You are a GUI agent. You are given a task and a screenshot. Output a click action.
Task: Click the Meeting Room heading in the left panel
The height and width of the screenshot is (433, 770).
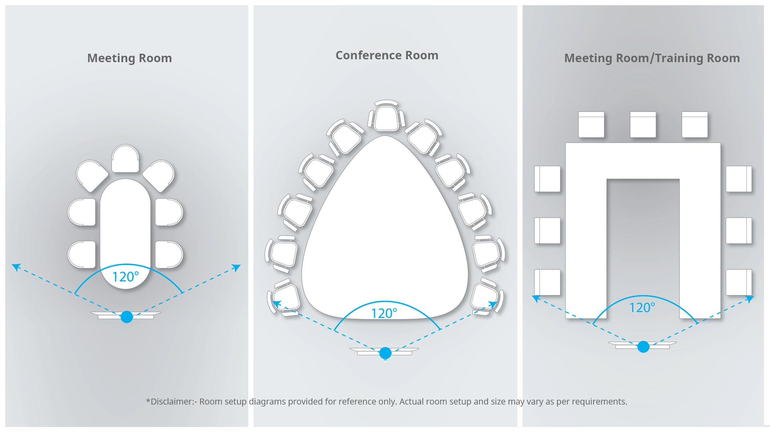pos(130,58)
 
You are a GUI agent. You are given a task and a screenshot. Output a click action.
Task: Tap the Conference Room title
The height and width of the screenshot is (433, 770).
pos(387,55)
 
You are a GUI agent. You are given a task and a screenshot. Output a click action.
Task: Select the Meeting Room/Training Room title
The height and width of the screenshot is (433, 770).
pos(652,58)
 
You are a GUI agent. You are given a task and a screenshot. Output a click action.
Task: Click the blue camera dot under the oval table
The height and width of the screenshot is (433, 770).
pos(127,317)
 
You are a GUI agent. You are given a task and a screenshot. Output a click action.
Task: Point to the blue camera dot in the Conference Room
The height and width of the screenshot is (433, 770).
pos(385,353)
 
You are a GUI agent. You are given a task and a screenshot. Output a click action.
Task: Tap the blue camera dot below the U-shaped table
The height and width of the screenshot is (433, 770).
pos(643,347)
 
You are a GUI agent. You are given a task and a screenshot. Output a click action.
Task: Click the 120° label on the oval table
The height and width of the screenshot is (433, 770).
pos(125,277)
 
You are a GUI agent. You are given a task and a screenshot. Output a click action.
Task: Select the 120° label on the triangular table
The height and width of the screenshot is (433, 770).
pos(384,313)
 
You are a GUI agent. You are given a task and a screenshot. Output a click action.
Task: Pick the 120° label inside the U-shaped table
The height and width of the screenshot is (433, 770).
pos(642,308)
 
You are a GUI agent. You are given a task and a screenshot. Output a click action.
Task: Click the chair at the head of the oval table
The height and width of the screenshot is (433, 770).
pos(125,159)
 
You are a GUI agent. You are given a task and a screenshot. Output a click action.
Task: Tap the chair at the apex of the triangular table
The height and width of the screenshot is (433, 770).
pos(386,117)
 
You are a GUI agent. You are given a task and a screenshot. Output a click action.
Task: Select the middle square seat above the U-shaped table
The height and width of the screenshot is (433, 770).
pos(643,125)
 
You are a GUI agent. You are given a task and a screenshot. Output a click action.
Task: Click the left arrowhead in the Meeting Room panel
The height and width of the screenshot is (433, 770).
pos(16,267)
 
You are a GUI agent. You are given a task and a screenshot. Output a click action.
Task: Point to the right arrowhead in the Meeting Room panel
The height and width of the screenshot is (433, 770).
pos(237,267)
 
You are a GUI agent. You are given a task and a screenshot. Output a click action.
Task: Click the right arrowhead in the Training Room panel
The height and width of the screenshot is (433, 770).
pos(750,299)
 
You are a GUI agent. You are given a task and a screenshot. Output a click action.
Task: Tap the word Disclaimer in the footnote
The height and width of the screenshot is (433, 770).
pos(172,402)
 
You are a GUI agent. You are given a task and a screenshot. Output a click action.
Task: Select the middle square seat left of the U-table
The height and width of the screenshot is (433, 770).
pos(547,231)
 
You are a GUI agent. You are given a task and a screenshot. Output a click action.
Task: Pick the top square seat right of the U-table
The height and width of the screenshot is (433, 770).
pos(738,179)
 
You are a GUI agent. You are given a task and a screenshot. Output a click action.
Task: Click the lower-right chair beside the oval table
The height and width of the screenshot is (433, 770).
pos(169,254)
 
